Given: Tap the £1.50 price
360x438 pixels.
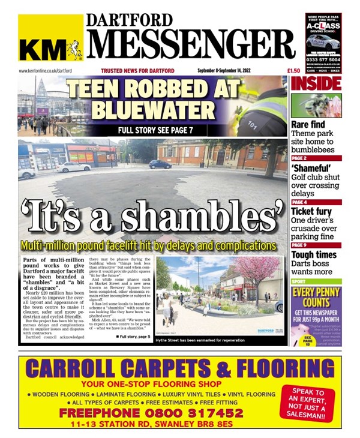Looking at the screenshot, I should pos(278,71).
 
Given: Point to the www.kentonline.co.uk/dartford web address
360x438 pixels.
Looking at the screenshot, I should pos(46,71).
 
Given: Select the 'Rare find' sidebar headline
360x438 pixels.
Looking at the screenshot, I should pos(308,125).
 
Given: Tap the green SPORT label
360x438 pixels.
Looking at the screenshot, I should pos(299,280).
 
